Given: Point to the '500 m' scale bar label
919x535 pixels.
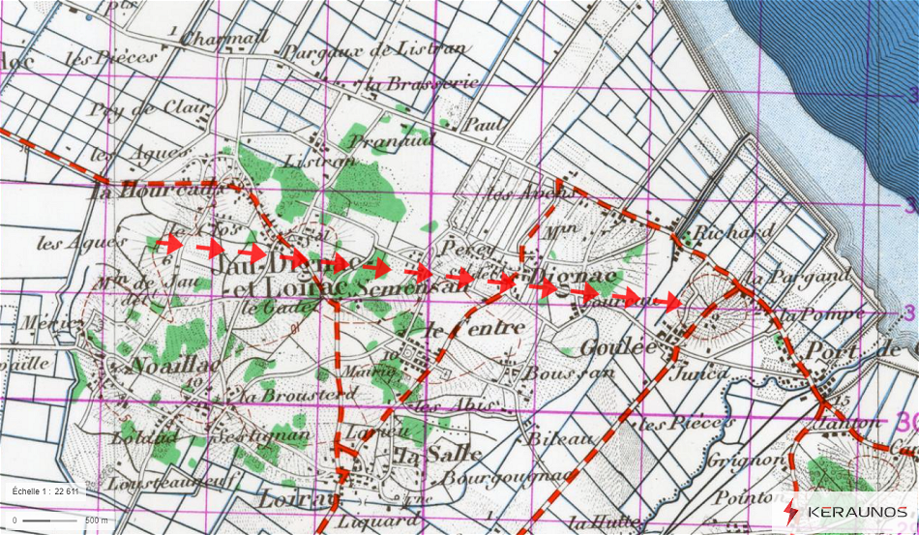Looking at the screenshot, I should (x=97, y=520).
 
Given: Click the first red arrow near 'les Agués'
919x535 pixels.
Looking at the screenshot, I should (x=170, y=244).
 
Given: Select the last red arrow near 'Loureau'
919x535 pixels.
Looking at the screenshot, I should (x=667, y=302).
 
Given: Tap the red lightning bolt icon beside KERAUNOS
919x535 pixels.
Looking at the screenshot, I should (x=791, y=512).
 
